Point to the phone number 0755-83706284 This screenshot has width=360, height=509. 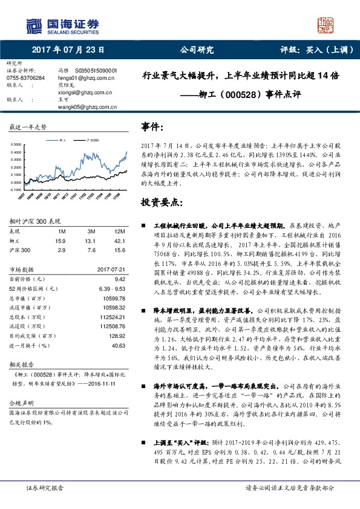(25, 78)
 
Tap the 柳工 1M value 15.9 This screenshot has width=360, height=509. (60, 241)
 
